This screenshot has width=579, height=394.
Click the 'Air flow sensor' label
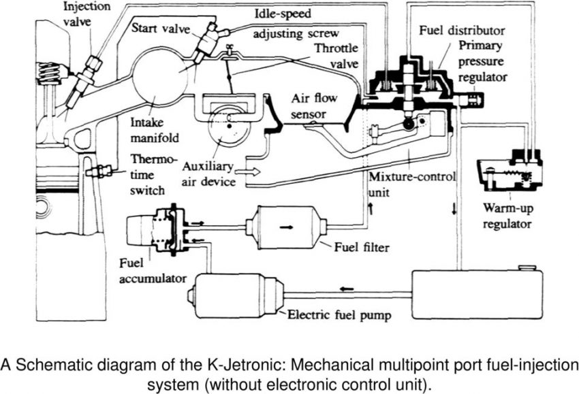312,105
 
